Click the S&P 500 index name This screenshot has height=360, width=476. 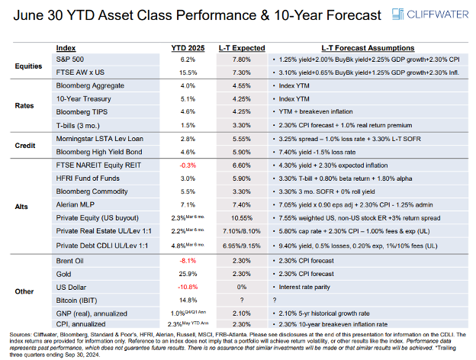[72, 59]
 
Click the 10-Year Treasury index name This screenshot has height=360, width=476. [82, 98]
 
